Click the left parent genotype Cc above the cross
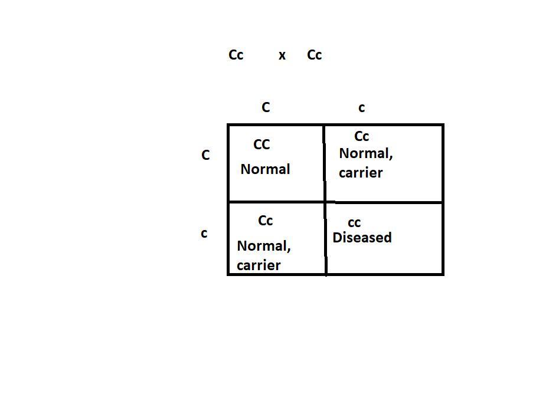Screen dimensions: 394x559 click(x=236, y=55)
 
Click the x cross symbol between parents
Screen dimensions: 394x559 click(x=282, y=56)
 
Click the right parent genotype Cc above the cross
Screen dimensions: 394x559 click(x=315, y=55)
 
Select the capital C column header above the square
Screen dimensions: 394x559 click(x=266, y=107)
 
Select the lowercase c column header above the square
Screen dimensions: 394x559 click(x=362, y=108)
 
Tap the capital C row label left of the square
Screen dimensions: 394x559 click(x=205, y=156)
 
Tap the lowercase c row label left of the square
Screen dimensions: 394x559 click(x=204, y=234)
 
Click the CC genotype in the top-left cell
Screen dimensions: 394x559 click(x=261, y=145)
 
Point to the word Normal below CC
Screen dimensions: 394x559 click(x=265, y=169)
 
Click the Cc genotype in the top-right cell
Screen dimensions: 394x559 click(x=362, y=137)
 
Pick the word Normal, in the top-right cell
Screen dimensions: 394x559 click(x=366, y=154)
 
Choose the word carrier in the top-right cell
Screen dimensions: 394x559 click(x=361, y=173)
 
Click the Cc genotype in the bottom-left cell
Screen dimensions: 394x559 click(x=266, y=221)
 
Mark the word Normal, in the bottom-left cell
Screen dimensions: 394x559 click(x=264, y=246)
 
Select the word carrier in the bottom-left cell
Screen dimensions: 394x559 click(x=259, y=265)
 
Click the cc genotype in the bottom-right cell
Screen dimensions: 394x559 click(x=354, y=223)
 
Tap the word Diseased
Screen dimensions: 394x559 click(x=362, y=238)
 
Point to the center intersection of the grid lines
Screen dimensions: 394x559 click(x=325, y=202)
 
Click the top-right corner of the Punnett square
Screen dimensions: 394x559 click(x=442, y=125)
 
